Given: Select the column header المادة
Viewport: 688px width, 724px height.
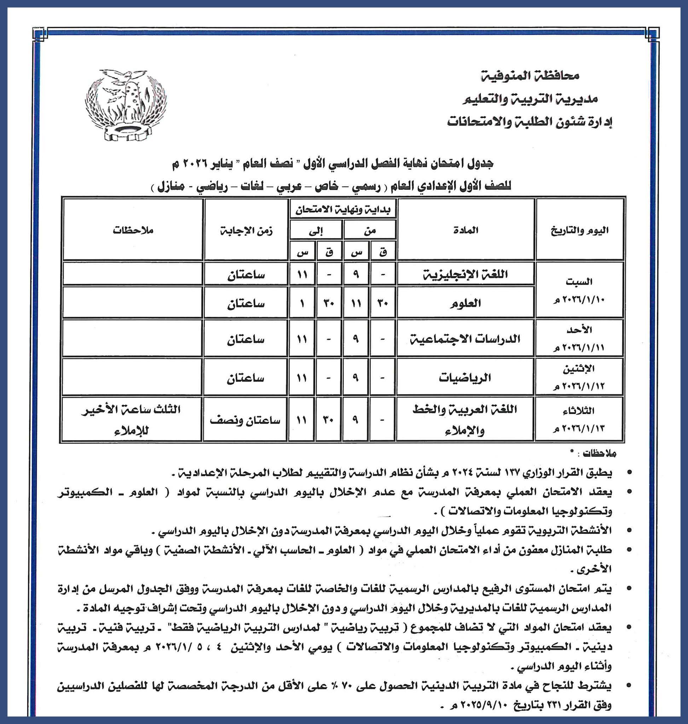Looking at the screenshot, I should click(466, 230).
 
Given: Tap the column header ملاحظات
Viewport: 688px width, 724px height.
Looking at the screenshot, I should click(133, 230).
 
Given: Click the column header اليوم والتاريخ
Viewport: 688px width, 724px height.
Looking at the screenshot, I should click(579, 230).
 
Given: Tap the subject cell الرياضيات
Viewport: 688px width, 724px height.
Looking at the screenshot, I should click(465, 378).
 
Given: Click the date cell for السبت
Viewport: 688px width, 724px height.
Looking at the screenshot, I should click(579, 290).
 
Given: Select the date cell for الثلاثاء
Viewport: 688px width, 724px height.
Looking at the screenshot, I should click(579, 419).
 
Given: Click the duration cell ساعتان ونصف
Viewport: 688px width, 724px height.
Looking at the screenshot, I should click(245, 420).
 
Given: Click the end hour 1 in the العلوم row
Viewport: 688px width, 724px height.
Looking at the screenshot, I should click(302, 304).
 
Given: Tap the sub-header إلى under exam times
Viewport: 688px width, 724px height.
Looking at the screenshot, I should click(316, 230).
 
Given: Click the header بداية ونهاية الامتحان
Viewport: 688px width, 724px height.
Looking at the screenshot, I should click(343, 210).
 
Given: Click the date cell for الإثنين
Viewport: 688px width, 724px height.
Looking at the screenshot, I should click(579, 378).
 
